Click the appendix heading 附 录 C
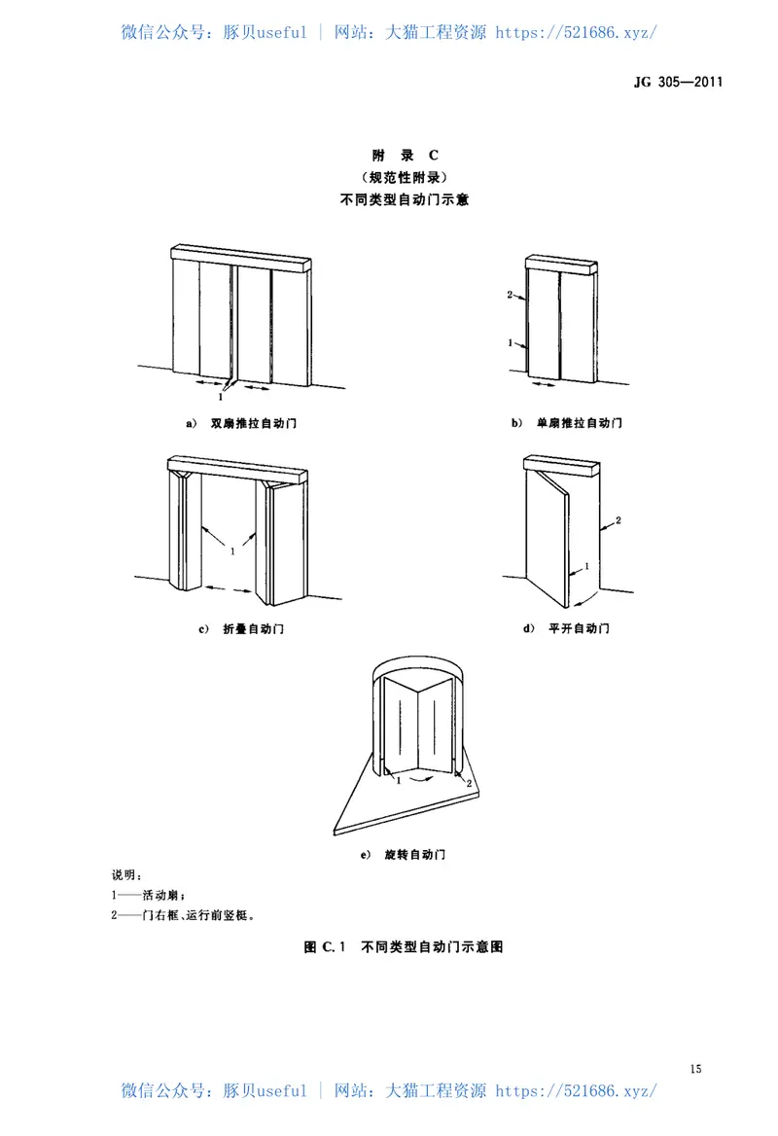[x=407, y=156]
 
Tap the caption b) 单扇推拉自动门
[x=566, y=423]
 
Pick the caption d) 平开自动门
[x=566, y=629]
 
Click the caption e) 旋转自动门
[x=403, y=855]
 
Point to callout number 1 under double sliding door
[x=223, y=397]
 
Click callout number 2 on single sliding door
[x=509, y=294]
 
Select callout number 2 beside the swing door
[x=619, y=521]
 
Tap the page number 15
[x=695, y=1070]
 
